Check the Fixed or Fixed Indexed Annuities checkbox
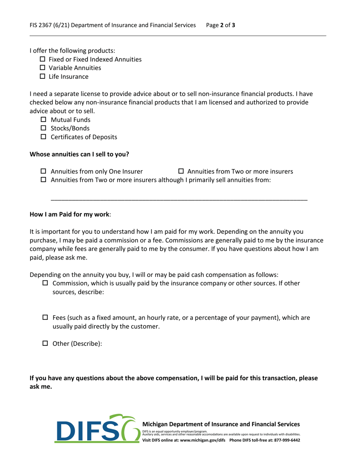tap(42, 59)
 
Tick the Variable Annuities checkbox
tap(42, 68)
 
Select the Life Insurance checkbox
tap(42, 77)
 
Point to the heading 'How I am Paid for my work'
tap(70, 214)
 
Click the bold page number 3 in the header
tap(234, 26)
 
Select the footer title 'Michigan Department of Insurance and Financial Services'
tap(221, 424)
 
